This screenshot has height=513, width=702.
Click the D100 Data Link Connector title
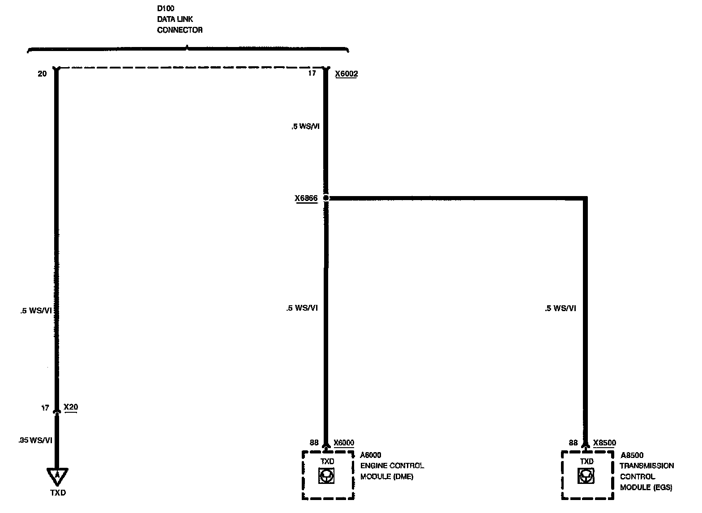[180, 19]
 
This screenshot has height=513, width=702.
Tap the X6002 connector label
[346, 74]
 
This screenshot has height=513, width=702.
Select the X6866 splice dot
[326, 198]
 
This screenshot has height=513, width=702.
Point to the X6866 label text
[306, 198]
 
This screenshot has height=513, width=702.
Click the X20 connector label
[71, 407]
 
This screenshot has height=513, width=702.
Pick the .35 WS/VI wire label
[35, 440]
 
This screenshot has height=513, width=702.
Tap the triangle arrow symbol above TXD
[57, 477]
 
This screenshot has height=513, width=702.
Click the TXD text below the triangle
[58, 493]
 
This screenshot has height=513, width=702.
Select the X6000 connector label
[344, 443]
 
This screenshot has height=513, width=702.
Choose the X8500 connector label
[604, 443]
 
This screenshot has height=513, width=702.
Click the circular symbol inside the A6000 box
[326, 476]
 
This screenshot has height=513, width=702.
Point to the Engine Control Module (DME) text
[392, 471]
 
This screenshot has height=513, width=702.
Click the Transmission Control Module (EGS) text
[646, 476]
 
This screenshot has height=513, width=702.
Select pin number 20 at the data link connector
[42, 74]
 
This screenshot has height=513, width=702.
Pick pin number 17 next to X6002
[312, 73]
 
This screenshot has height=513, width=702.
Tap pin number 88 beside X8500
[573, 443]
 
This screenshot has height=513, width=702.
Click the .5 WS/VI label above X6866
[305, 126]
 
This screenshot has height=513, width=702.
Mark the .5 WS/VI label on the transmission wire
[560, 308]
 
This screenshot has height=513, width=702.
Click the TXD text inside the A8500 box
[586, 461]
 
